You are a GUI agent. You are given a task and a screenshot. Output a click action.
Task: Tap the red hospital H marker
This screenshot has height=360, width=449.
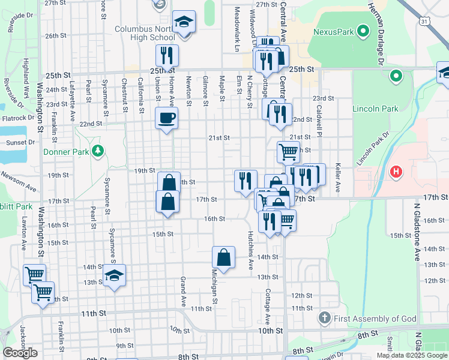(x=396, y=173)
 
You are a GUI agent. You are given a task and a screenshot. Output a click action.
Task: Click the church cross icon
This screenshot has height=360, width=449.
(x=324, y=317)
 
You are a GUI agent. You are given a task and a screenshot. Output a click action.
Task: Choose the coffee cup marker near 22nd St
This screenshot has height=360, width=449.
(x=166, y=118)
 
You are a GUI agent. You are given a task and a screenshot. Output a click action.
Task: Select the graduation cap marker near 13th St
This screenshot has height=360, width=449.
(x=113, y=276)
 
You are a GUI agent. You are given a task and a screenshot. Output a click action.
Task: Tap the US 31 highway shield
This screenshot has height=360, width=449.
(x=424, y=22)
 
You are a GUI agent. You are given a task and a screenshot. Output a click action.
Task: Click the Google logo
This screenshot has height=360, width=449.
(x=20, y=353)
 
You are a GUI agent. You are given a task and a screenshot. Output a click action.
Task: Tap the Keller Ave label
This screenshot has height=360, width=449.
(x=338, y=177)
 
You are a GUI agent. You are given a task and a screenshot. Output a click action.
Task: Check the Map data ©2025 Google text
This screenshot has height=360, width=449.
(x=411, y=355)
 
